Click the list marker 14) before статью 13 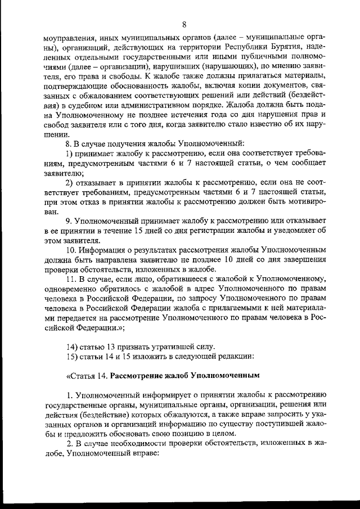[73, 345]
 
